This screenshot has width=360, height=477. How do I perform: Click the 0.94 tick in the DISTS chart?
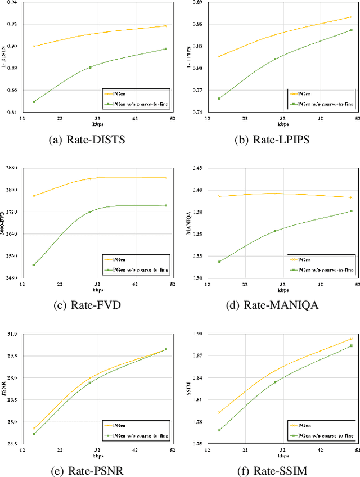click(x=11, y=2)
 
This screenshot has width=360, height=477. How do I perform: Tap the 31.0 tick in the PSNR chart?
click(x=11, y=334)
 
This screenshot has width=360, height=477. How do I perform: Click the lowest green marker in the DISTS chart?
click(x=34, y=102)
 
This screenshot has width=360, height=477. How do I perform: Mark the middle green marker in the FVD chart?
click(x=89, y=212)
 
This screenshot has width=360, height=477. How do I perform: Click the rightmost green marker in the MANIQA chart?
click(x=351, y=211)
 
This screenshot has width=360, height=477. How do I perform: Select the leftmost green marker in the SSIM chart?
click(x=219, y=430)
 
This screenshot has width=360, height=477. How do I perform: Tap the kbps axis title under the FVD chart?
click(x=96, y=290)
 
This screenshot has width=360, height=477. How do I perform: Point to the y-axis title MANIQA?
click(x=189, y=223)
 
